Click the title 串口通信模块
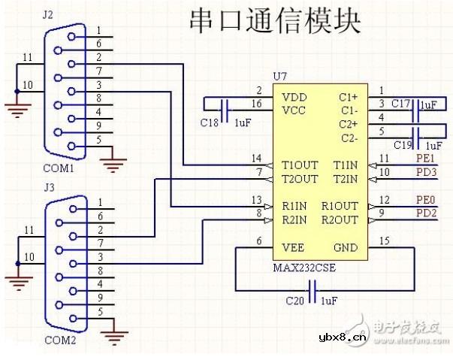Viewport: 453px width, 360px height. point(275,21)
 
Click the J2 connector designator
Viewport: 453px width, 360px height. point(49,14)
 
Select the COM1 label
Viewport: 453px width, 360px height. point(58,169)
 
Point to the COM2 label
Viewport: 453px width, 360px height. point(58,340)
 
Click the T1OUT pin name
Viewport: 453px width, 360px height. point(300,165)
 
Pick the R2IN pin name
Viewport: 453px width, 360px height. point(294,219)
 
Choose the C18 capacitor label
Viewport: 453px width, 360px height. point(210,122)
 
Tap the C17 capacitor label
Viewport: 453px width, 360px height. point(401,104)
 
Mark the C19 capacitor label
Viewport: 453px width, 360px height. point(402,144)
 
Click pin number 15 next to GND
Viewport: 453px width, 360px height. point(384,241)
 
